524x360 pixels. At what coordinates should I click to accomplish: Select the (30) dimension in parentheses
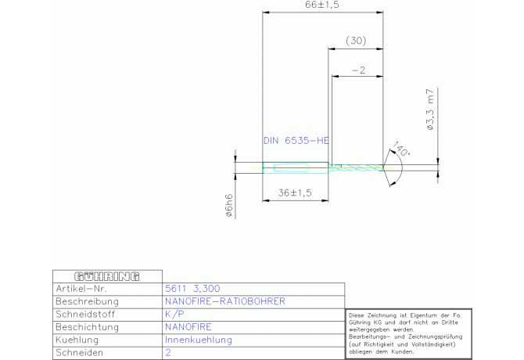(356, 41)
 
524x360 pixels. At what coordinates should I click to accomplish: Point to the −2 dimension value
(359, 70)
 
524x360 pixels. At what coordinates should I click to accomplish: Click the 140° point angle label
(401, 149)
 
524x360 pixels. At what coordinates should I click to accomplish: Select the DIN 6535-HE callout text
(296, 141)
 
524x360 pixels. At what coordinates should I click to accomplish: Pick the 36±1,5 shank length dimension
(296, 193)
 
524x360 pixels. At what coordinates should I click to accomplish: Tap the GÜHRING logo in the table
(106, 276)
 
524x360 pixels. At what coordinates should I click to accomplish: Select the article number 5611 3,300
(192, 289)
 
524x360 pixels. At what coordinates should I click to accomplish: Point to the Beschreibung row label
(88, 301)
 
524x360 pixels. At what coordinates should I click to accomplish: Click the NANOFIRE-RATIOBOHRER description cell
(224, 301)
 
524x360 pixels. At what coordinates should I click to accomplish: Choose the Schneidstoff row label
(88, 314)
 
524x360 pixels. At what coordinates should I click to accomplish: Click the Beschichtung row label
(88, 326)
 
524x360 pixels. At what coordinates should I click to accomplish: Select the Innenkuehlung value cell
(199, 340)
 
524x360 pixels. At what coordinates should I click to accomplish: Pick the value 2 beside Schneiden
(168, 353)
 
